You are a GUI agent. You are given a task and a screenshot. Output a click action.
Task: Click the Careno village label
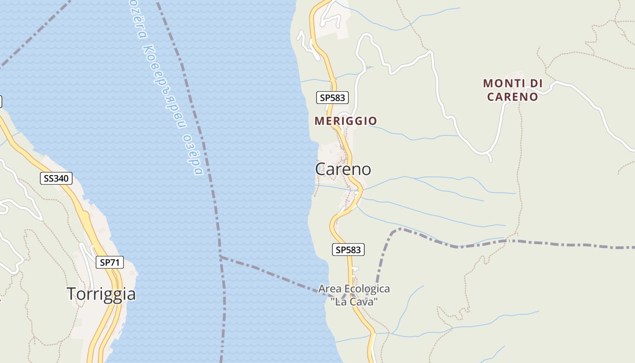[x=343, y=169]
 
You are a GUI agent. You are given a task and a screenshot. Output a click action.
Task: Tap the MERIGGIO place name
[x=346, y=121]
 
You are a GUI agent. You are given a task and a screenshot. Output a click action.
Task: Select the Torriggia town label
[x=101, y=294]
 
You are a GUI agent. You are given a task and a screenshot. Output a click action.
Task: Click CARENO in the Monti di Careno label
[x=513, y=97]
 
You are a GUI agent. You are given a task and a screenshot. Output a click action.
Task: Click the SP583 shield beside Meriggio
[x=332, y=97]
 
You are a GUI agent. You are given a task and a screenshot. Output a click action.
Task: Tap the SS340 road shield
[x=56, y=178]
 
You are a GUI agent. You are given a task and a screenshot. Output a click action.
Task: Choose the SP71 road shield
[x=109, y=262]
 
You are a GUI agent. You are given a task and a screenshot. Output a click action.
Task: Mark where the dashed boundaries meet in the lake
[x=220, y=257]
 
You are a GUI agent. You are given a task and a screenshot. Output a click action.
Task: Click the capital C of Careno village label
[x=320, y=169]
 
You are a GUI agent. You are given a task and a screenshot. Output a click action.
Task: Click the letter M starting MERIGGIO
[x=318, y=121]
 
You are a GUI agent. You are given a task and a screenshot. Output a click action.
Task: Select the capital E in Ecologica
[x=348, y=289]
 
